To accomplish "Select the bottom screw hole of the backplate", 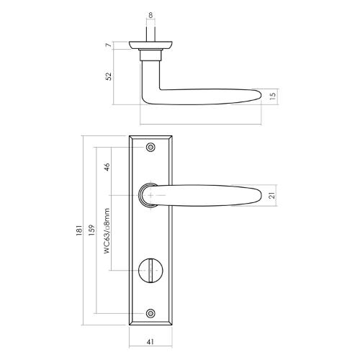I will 150,314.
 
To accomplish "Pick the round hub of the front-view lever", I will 148,194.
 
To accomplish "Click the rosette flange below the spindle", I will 150,45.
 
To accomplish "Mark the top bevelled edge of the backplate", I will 150,138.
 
